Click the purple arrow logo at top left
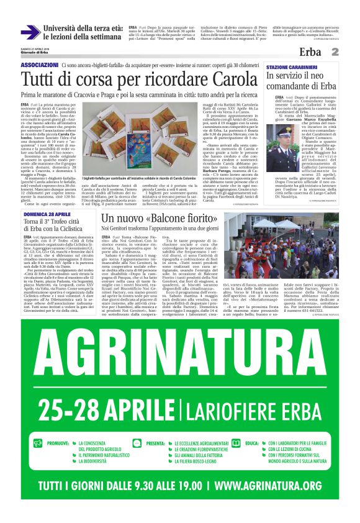(x=30, y=32)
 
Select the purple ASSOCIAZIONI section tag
(x=40, y=65)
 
